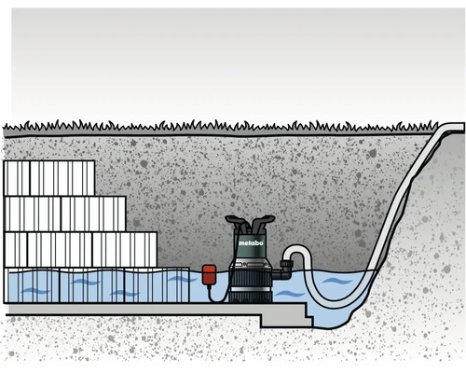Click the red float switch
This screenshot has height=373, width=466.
(209, 274)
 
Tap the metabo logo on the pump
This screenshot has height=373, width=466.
(250, 243)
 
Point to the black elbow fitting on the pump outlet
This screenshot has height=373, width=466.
(281, 269)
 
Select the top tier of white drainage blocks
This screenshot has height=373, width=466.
(49, 177)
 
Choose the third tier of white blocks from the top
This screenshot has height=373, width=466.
(80, 249)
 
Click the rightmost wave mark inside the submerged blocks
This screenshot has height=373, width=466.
(178, 279)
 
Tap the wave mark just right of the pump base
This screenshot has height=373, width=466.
(290, 294)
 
